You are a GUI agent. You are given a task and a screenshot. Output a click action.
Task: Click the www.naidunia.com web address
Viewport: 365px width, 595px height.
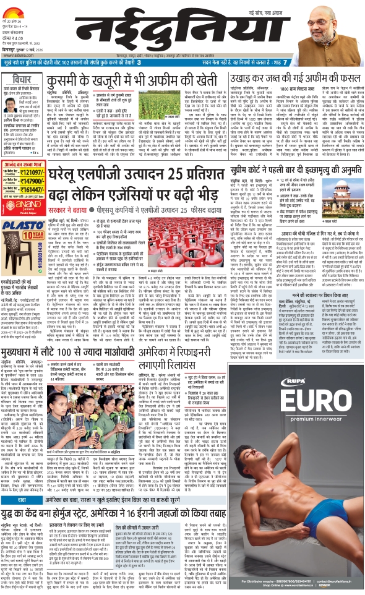(17, 54)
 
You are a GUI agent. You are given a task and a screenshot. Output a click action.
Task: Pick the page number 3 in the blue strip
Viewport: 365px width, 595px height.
(138, 62)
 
